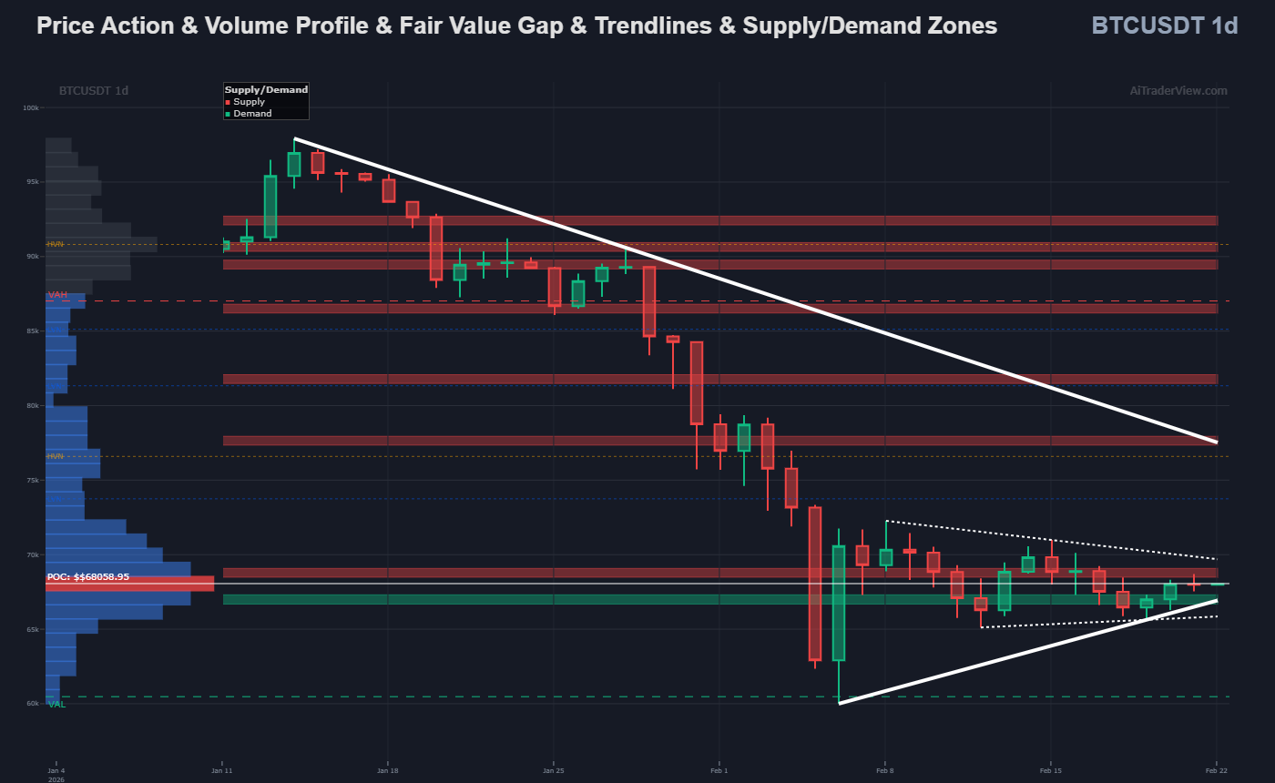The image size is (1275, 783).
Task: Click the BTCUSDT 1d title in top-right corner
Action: pyautogui.click(x=1164, y=25)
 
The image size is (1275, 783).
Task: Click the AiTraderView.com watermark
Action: pyautogui.click(x=1178, y=90)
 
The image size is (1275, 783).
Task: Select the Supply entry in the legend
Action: pyautogui.click(x=249, y=102)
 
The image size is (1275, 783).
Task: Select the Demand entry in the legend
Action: pyautogui.click(x=252, y=114)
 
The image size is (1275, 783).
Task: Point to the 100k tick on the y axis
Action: pyautogui.click(x=31, y=107)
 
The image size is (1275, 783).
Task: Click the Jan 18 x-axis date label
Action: pyautogui.click(x=388, y=770)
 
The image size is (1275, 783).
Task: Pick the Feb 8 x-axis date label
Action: pyautogui.click(x=884, y=770)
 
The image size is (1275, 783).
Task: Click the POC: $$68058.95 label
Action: pyautogui.click(x=88, y=576)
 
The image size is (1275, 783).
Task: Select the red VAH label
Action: pyautogui.click(x=58, y=295)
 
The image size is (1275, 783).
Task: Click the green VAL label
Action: pyautogui.click(x=56, y=705)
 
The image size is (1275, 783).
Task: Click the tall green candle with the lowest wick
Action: pyautogui.click(x=838, y=603)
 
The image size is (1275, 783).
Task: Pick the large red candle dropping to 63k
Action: pyautogui.click(x=814, y=584)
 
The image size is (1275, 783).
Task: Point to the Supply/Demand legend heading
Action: pyautogui.click(x=266, y=90)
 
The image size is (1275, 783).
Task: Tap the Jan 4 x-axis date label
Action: pyautogui.click(x=56, y=770)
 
